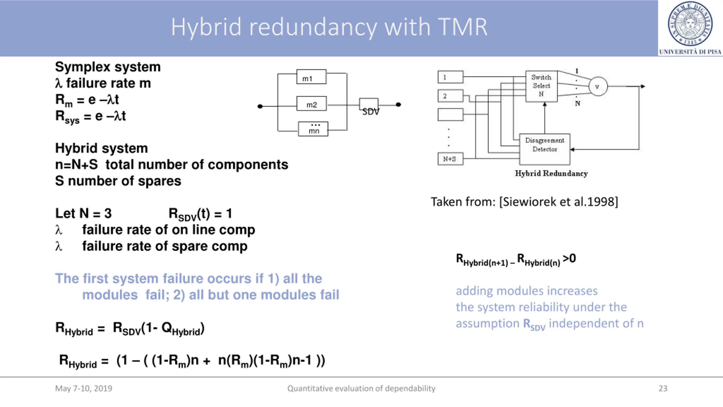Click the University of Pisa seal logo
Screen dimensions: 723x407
coord(690,24)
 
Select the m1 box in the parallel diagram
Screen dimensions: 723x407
coord(311,77)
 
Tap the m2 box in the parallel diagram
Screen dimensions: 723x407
coord(312,103)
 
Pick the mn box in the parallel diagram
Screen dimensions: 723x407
coord(313,129)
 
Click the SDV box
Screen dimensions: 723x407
coord(369,104)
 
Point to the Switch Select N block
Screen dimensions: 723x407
coord(541,86)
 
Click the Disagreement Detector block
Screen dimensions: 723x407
coord(545,149)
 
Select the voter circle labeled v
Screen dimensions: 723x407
coord(598,86)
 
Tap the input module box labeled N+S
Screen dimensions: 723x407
coord(450,159)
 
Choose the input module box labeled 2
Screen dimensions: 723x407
coord(450,96)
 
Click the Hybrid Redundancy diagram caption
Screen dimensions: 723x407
coord(551,173)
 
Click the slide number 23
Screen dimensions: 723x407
coord(663,388)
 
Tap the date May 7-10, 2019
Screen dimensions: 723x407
coord(84,389)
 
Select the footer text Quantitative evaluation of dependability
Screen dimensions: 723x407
coord(361,389)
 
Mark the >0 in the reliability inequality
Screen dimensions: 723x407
coord(569,258)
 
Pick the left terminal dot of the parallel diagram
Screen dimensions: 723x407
coord(260,106)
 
